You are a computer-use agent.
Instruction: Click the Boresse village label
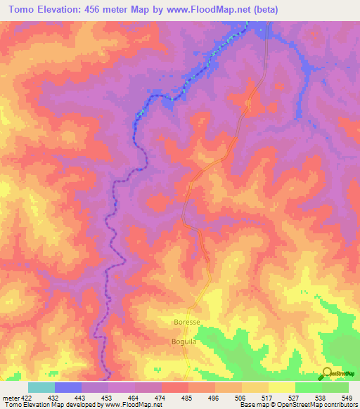tap(186, 322)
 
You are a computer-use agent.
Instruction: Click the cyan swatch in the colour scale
tap(41, 387)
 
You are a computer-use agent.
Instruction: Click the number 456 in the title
tap(96, 9)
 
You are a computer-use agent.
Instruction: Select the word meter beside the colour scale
tap(10, 398)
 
